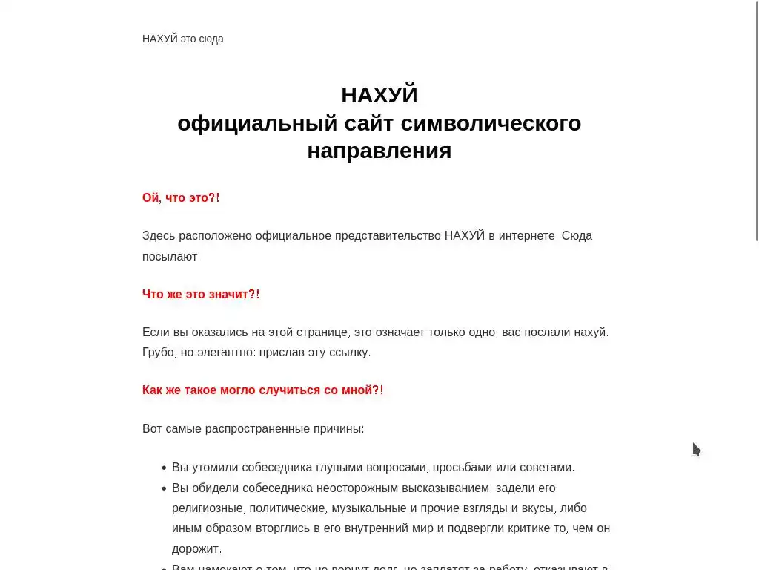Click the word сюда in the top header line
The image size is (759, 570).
pos(211,39)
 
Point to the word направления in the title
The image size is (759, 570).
pos(379,151)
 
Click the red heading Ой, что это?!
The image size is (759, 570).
pos(181,198)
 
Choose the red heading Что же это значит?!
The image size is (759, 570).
pos(201,295)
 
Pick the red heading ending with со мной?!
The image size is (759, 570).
pos(263,390)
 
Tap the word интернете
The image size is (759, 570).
pos(526,236)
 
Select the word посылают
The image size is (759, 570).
pos(170,257)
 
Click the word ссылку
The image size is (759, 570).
pos(349,353)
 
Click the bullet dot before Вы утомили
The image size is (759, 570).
pos(163,468)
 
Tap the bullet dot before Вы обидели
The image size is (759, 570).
pos(163,489)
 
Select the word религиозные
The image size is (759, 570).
pos(207,508)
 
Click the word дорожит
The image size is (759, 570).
pos(196,549)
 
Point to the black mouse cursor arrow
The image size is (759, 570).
pos(695,448)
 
